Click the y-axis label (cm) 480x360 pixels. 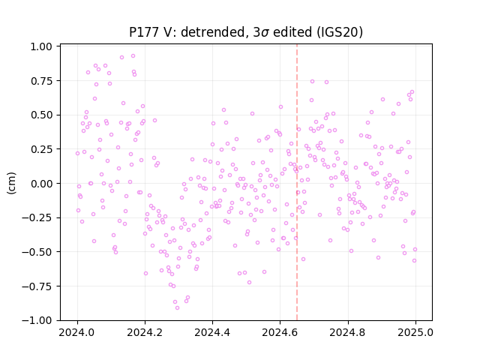click(12, 183)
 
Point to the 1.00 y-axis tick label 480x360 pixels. click(41, 46)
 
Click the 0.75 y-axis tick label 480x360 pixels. click(41, 81)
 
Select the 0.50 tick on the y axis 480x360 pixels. click(41, 115)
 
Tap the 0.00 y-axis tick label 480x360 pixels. click(41, 184)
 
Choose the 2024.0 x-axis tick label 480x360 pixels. click(77, 332)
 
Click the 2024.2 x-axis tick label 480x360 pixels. click(145, 332)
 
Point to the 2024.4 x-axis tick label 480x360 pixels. click(212, 332)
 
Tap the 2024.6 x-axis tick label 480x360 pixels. click(280, 332)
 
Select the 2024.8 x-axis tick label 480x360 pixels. click(348, 332)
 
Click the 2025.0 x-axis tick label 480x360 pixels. click(415, 332)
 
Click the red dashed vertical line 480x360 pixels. click(297, 182)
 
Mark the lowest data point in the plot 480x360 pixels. click(177, 307)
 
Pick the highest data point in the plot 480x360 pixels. click(133, 56)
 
